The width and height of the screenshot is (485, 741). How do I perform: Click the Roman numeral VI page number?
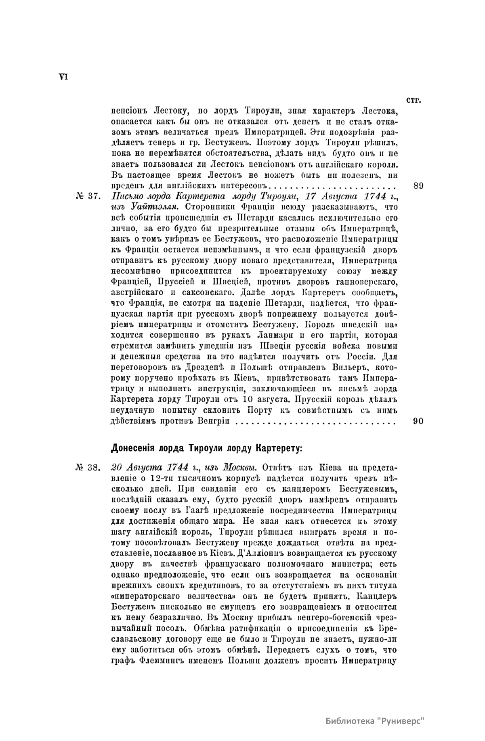pos(63,77)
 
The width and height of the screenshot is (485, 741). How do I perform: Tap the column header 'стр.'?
pos(412,100)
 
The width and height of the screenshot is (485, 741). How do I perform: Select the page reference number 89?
pos(418,186)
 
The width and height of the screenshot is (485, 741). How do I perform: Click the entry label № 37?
pos(87,197)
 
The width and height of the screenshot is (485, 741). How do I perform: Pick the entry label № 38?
pos(87,468)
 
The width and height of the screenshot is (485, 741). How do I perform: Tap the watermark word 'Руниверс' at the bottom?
pos(403,721)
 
